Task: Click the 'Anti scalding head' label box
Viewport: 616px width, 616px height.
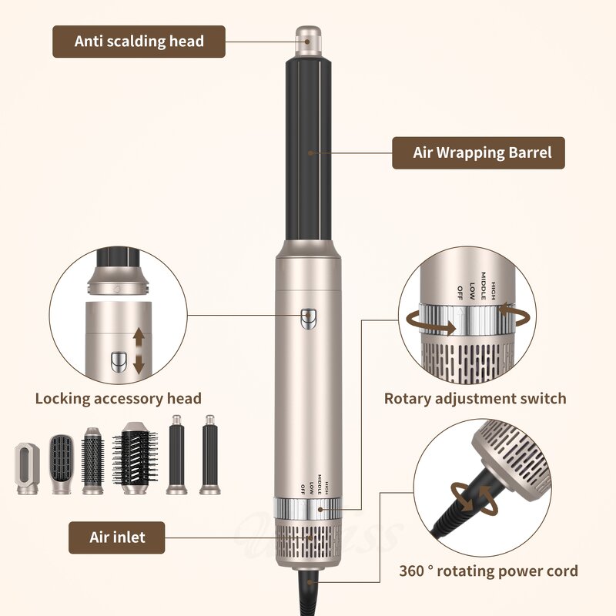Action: tap(139, 41)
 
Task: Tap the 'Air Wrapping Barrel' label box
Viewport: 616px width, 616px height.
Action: tap(477, 152)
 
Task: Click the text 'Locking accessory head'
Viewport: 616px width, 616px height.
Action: tap(118, 398)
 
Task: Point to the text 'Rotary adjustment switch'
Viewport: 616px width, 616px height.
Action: tap(475, 398)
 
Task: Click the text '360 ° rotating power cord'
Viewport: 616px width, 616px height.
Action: tap(488, 571)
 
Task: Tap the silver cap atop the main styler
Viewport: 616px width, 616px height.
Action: tap(309, 39)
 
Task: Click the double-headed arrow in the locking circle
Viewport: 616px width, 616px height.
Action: tap(139, 350)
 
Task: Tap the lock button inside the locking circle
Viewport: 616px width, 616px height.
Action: tap(119, 360)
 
